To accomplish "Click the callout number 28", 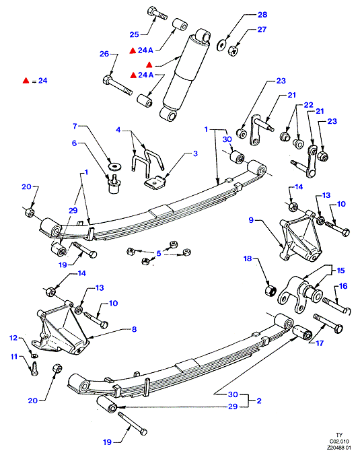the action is [262, 15].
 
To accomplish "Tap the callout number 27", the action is [262, 30].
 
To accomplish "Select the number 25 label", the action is [135, 35].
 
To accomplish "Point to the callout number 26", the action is [104, 54].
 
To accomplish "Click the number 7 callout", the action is [75, 126].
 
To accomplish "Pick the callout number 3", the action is [195, 153].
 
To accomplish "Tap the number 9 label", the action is [251, 220].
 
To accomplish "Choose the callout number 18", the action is [248, 258].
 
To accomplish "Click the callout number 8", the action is [134, 329].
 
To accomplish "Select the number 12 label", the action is [13, 338].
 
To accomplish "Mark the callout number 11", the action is [14, 357].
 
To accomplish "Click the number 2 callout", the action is [259, 400].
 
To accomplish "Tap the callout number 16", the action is [343, 286].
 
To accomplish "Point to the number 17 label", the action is [320, 343].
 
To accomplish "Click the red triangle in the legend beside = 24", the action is [26, 81].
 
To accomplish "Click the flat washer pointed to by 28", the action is [221, 45].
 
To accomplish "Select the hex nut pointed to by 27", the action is [233, 51].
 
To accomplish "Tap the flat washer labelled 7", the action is [114, 166].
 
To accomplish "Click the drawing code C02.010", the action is [339, 442].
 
